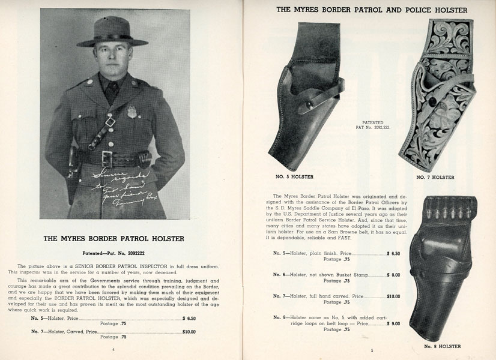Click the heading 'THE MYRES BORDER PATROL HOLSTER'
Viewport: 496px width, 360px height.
click(x=113, y=238)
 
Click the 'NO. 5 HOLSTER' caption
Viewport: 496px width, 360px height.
click(x=294, y=176)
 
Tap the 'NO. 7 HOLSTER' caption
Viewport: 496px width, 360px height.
click(x=435, y=177)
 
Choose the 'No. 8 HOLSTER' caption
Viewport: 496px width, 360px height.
click(x=441, y=347)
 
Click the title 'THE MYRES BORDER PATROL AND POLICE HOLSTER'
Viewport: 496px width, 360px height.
click(x=371, y=10)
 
